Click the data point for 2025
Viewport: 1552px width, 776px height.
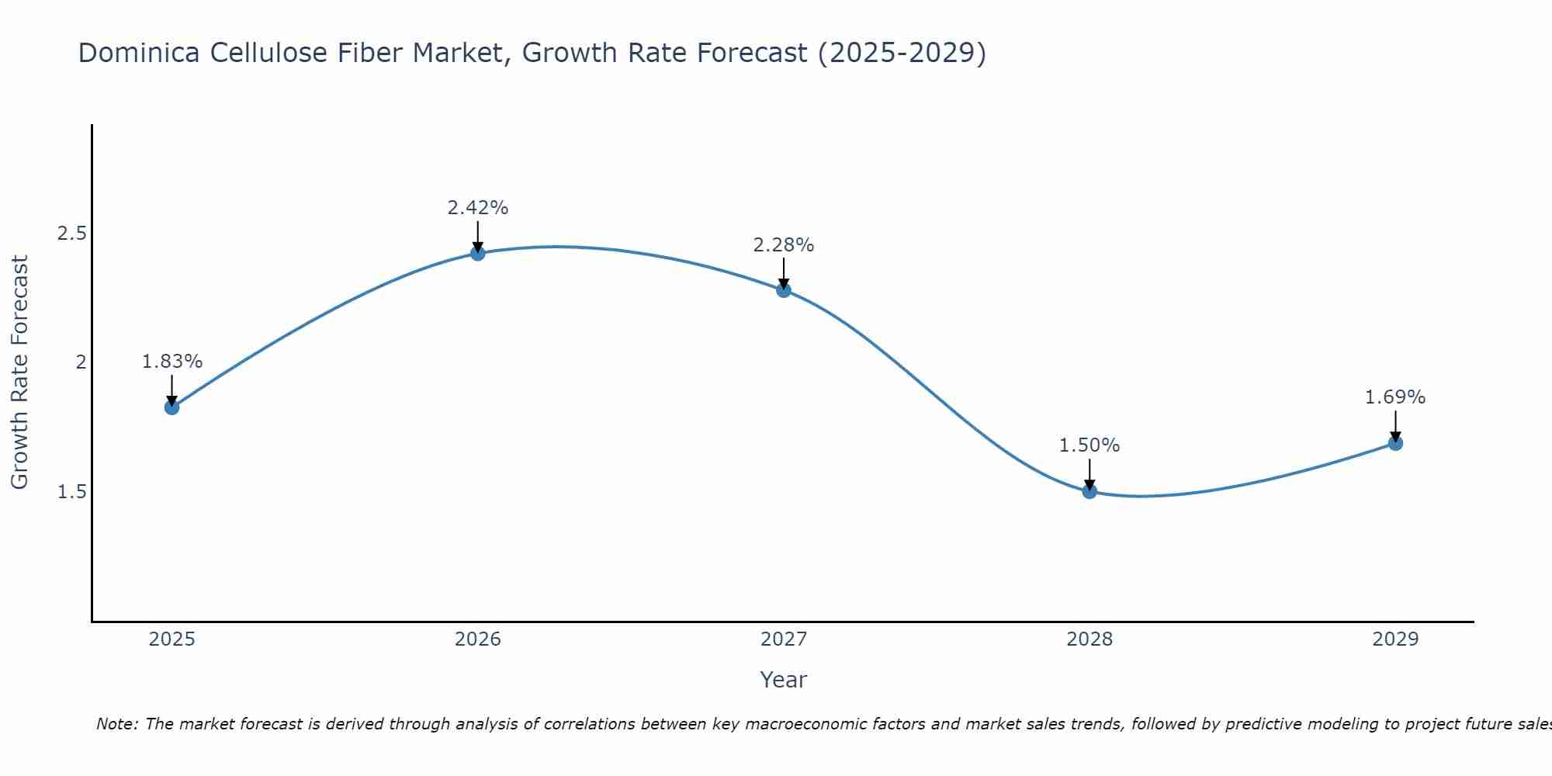tap(172, 407)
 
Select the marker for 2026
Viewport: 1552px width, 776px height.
tap(478, 253)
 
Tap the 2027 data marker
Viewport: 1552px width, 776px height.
tap(784, 290)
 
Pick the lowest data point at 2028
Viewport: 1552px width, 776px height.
tap(1090, 491)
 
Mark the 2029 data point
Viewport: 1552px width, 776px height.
tap(1395, 443)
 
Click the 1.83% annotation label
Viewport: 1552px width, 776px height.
tap(172, 362)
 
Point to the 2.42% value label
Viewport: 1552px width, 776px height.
tap(478, 208)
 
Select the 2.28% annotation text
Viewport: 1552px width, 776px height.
tap(784, 245)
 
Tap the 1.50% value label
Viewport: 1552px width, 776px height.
tap(1090, 445)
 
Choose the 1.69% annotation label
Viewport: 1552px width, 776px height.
tap(1395, 397)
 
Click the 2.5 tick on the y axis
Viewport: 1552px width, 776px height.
tap(71, 233)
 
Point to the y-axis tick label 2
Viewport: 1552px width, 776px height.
tap(80, 362)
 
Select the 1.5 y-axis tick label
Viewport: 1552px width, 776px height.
tap(71, 492)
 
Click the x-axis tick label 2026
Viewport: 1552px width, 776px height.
tap(478, 639)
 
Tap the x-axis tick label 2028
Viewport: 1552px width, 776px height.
tap(1090, 639)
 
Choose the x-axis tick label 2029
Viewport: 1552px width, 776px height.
tap(1395, 639)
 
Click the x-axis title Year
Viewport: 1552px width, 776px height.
tap(784, 680)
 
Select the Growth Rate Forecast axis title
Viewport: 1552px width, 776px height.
tap(20, 372)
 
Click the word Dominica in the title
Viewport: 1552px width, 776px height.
tap(136, 54)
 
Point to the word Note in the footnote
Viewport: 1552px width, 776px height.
tap(116, 724)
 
